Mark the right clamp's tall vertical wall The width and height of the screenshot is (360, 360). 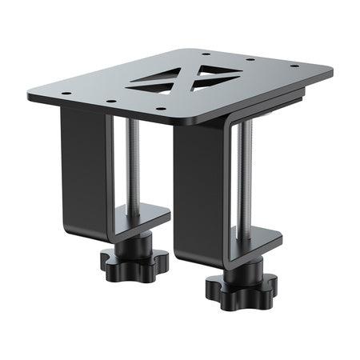200,192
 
